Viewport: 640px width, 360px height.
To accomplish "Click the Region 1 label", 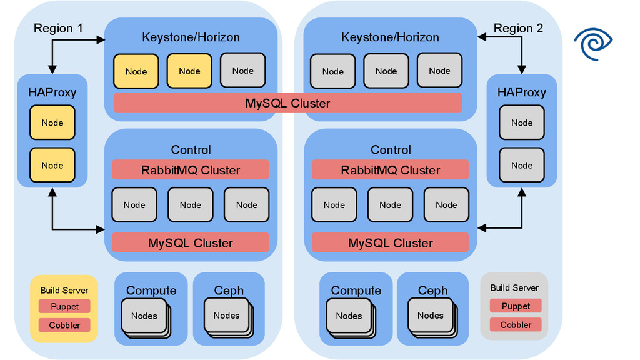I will [x=58, y=28].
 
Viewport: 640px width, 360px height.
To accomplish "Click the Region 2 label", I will [x=518, y=28].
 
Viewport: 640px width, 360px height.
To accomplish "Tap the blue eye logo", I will [x=597, y=44].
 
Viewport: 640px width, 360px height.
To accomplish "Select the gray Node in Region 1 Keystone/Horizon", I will [x=242, y=70].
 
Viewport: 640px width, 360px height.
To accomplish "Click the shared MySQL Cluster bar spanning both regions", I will [x=287, y=103].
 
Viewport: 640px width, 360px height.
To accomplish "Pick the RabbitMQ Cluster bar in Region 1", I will [x=191, y=170].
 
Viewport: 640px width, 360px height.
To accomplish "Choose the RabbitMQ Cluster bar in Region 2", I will [x=390, y=170].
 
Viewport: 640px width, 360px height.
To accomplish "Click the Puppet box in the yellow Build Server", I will [x=64, y=306].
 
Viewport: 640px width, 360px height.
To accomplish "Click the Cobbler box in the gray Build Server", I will [x=516, y=325].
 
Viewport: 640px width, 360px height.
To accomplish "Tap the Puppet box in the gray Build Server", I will [x=516, y=306].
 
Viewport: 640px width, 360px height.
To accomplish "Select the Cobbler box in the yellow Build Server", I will [x=64, y=325].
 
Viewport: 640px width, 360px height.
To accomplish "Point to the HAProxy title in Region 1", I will [x=52, y=92].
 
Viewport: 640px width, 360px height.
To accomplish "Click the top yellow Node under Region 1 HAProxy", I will [x=52, y=122].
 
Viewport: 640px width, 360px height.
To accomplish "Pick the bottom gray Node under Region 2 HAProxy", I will [x=522, y=165].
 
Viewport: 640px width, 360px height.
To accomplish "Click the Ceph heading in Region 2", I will [x=432, y=291].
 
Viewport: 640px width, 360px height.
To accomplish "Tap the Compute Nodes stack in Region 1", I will [x=144, y=317].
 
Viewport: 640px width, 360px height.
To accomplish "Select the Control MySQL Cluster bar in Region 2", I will [x=390, y=243].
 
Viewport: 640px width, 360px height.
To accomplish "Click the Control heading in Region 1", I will [x=191, y=150].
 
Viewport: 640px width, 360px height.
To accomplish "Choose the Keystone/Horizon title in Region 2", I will [x=390, y=37].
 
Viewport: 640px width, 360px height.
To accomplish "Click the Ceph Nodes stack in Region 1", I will [x=227, y=317].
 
